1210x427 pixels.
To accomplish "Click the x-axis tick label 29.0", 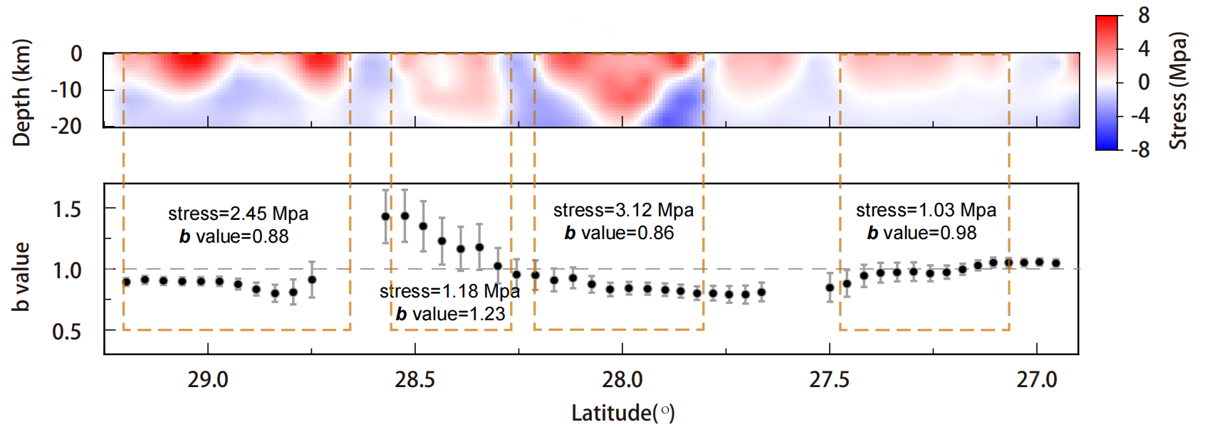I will pos(208,380).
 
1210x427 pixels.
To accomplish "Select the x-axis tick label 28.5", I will pos(415,380).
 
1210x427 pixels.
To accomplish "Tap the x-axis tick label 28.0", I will pos(622,380).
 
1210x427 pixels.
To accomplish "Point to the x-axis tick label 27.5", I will pos(830,380).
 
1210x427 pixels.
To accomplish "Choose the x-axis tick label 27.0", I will pos(1037,380).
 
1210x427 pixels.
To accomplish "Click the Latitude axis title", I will pos(623,413).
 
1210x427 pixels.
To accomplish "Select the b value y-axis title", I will pos(21,277).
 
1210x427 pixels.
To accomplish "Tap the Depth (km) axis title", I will pos(22,93).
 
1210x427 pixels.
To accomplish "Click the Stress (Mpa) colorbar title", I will pos(1179,90).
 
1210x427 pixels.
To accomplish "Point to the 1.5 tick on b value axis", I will pos(67,209).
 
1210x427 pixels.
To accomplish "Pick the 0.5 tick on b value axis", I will pos(67,332).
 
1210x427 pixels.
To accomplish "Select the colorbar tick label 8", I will pos(1143,15).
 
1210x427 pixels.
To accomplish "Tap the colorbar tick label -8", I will pos(1139,149).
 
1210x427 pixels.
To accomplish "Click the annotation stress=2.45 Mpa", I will pos(238,213).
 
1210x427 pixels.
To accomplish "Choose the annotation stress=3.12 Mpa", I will pos(623,210).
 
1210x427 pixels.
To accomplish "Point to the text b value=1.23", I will pos(450,314).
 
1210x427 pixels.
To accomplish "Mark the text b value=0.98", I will pos(922,233).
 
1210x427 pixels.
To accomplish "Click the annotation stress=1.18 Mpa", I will pos(449,291).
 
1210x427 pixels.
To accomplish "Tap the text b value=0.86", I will pos(619,233).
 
